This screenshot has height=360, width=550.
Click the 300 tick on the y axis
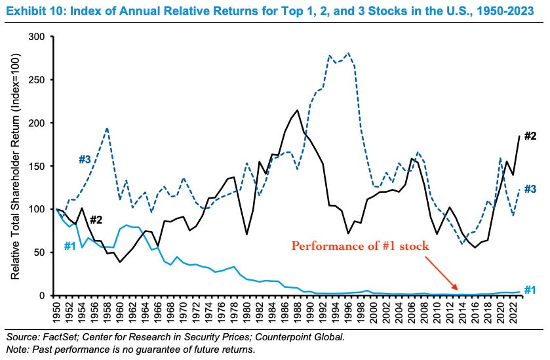(x=45, y=37)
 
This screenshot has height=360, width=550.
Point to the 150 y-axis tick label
(x=45, y=166)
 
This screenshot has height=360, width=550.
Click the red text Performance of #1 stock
(x=359, y=247)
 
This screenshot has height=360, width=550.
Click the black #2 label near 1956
(x=96, y=220)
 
